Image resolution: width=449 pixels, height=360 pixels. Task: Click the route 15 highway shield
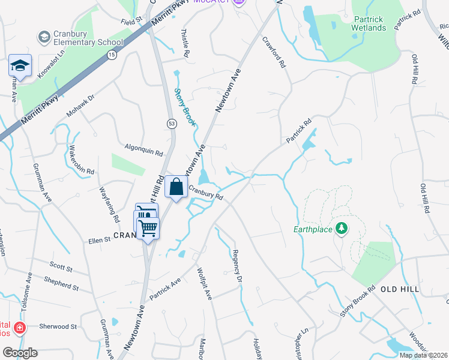[x=112, y=55]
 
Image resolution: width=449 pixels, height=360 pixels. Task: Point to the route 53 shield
[x=171, y=122]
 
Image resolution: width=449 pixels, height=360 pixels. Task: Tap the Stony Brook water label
[x=185, y=107]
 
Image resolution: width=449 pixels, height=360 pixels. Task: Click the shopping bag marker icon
[x=176, y=187]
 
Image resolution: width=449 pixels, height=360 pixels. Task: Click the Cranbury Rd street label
[x=206, y=192]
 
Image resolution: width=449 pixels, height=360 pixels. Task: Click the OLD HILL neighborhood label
[x=399, y=289]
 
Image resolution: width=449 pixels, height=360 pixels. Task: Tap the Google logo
[x=20, y=353]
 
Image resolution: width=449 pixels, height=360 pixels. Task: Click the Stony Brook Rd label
[x=358, y=304]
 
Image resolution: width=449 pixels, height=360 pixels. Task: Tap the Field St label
[x=131, y=21]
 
